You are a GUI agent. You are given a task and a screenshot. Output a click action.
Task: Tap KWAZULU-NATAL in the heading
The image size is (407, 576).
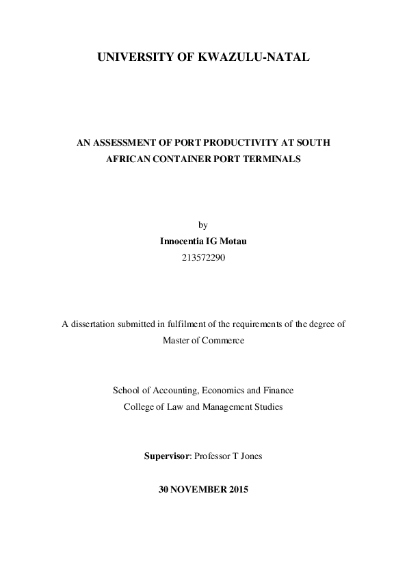264,60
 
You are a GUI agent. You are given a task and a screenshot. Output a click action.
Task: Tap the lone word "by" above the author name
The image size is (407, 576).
202,225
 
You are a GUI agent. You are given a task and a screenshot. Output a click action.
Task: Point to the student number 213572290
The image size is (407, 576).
203,258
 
